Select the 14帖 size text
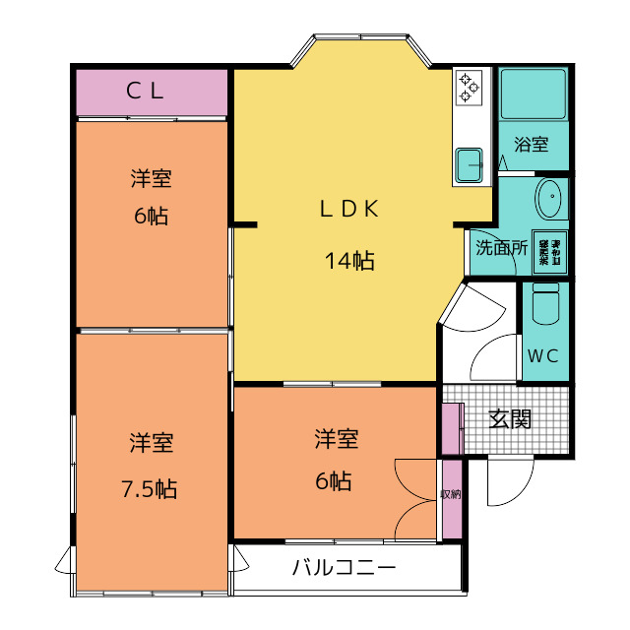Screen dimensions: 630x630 348,261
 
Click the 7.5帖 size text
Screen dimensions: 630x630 151,489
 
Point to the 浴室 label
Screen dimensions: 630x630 532,145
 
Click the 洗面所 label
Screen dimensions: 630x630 500,247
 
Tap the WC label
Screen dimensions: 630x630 542,355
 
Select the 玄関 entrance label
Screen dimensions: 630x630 511,419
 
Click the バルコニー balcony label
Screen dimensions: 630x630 344,568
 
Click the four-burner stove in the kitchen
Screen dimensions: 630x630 467,87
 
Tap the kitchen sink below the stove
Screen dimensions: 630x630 469,163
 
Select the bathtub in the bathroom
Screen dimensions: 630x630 533,94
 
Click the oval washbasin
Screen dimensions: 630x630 550,200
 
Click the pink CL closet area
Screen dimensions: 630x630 108,93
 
